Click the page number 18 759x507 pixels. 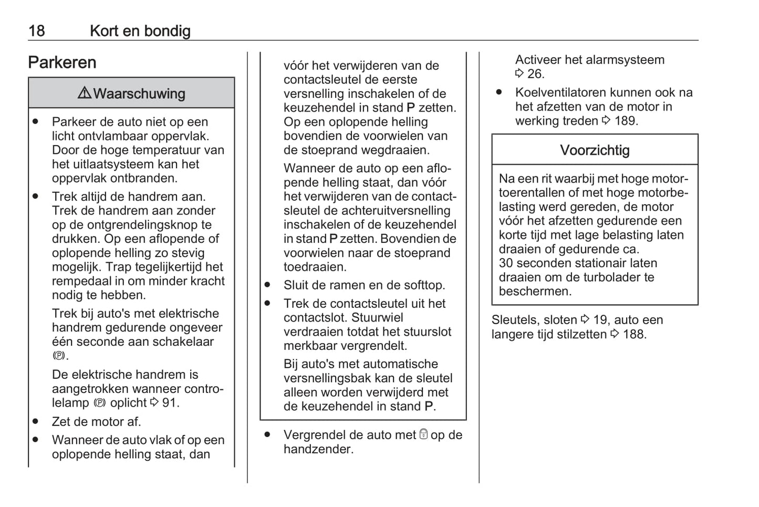(x=36, y=31)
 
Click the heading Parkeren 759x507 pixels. (x=62, y=63)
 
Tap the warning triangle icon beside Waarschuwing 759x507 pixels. (x=84, y=93)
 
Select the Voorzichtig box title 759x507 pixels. (x=595, y=150)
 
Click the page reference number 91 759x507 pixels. (x=170, y=403)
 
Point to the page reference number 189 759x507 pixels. (x=625, y=121)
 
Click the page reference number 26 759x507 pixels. (x=535, y=74)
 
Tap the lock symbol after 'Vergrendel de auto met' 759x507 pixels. (x=423, y=434)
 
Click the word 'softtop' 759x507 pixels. (x=422, y=285)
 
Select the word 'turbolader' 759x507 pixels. (x=610, y=277)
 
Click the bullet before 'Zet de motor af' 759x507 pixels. (x=35, y=421)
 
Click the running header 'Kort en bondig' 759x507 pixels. (x=140, y=31)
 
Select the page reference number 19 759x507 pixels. (x=600, y=320)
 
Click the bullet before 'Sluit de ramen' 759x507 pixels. (x=267, y=285)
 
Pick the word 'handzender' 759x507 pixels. (x=317, y=449)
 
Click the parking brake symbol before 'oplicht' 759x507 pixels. (x=100, y=403)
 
